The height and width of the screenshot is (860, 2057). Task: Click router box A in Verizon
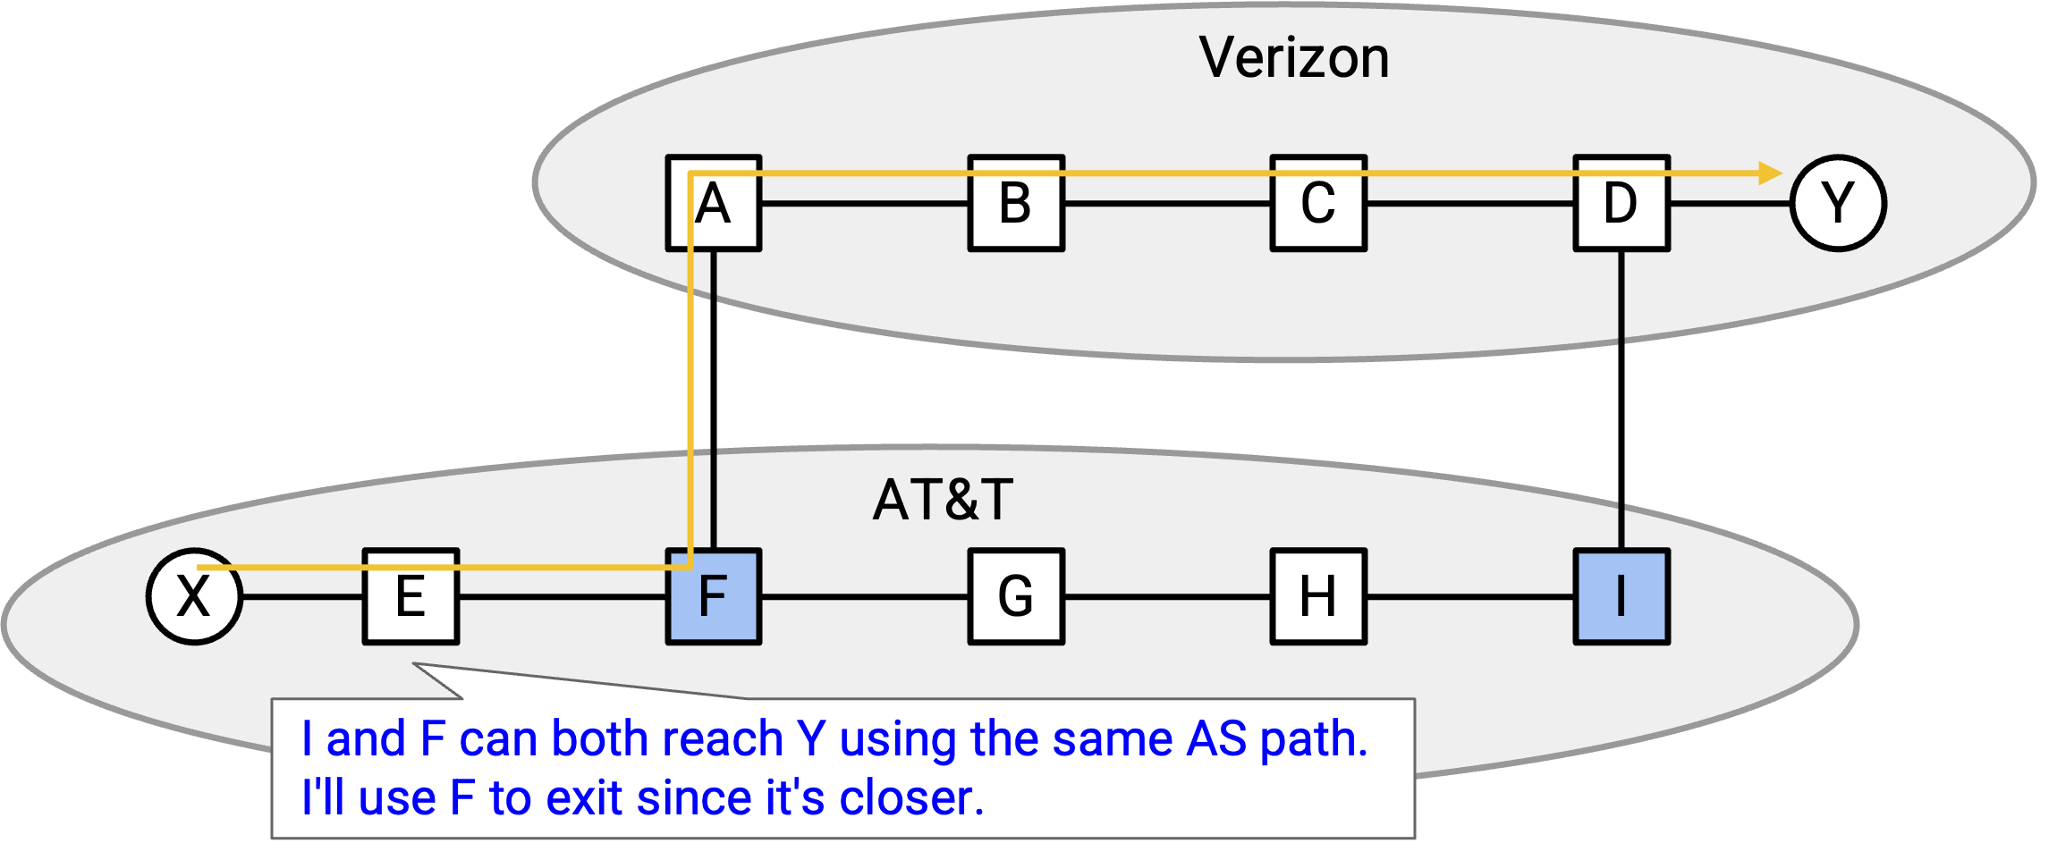tap(714, 203)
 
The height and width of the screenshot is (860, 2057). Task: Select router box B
tap(1016, 203)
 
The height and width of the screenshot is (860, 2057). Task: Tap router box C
tap(1318, 203)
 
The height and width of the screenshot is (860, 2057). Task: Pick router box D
tap(1621, 203)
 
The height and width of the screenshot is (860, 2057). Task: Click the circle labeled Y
tap(1838, 203)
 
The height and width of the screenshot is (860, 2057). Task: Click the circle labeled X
tap(194, 596)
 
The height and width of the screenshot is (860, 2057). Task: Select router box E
tap(411, 596)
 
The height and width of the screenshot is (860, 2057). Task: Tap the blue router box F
tap(714, 596)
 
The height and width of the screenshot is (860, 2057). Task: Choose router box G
tap(1016, 596)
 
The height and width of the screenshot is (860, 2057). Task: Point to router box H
tap(1318, 596)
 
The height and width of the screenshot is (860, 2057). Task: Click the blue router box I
tap(1621, 596)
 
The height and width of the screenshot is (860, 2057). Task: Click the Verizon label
tap(1294, 58)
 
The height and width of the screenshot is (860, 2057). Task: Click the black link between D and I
tap(1621, 400)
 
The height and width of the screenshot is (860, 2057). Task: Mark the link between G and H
tap(1167, 596)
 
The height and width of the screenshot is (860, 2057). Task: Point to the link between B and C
tap(1167, 203)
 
